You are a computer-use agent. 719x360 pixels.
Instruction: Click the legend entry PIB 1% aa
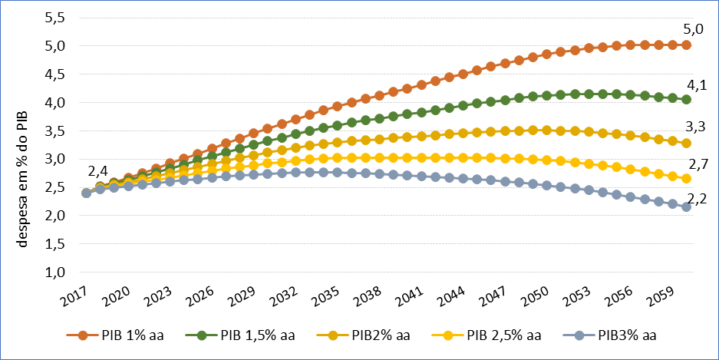[119, 335]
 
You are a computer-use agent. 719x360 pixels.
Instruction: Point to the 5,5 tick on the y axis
[55, 18]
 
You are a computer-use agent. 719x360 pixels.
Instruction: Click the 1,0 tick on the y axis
[55, 272]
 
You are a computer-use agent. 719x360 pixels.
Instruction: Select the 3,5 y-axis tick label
[55, 130]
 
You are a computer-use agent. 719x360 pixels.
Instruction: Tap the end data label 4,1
[694, 86]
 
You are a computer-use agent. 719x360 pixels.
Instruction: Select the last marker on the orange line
[686, 45]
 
